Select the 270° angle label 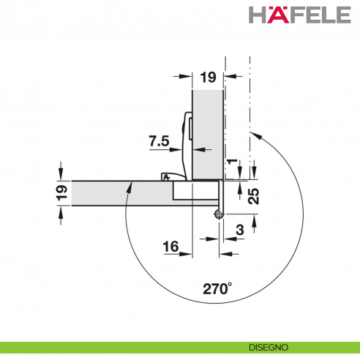click(216, 288)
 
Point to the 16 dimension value click(171, 248)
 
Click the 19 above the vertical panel click(207, 77)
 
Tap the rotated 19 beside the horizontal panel click(62, 193)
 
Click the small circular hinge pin click(219, 214)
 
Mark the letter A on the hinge click(167, 176)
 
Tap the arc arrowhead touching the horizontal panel click(130, 185)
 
